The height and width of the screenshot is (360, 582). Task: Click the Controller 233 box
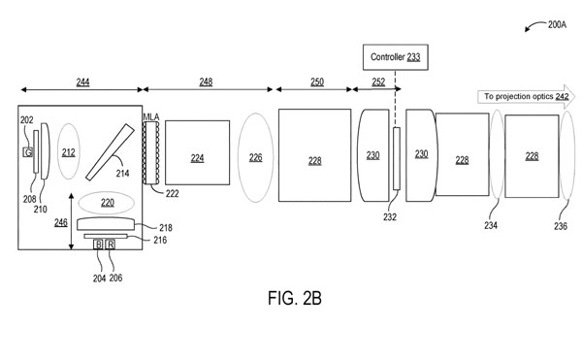coord(396,57)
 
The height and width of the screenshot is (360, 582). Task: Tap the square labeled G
coord(28,151)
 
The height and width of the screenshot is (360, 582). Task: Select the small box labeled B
coord(98,245)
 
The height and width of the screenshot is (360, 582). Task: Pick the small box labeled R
coord(111,245)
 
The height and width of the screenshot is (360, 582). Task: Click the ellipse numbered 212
coord(69,151)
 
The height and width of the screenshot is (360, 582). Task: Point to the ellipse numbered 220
coord(107,203)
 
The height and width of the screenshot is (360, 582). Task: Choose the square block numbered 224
coord(198,152)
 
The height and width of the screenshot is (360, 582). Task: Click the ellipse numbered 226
coord(256,158)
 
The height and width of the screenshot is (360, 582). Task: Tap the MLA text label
coord(151,117)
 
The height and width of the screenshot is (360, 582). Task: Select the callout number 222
coord(173,193)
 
